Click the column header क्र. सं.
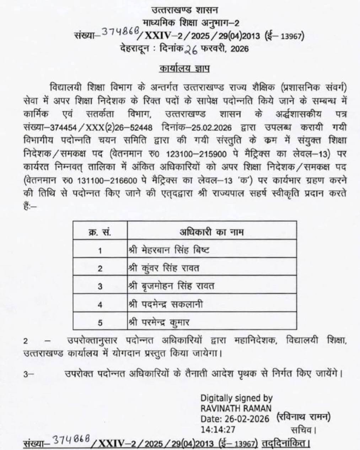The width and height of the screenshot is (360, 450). click(100, 232)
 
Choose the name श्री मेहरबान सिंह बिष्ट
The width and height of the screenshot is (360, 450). click(168, 250)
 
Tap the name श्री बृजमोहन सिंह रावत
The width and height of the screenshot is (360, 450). click(171, 286)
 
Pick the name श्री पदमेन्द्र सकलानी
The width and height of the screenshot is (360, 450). click(166, 304)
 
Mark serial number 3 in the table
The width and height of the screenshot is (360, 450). click(100, 286)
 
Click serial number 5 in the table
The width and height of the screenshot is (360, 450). click(100, 323)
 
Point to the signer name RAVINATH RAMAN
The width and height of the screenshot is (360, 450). click(236, 408)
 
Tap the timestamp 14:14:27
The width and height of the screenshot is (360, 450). click(218, 429)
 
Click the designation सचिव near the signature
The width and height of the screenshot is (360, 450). click(303, 429)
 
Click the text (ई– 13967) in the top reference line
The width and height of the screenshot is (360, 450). click(284, 36)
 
